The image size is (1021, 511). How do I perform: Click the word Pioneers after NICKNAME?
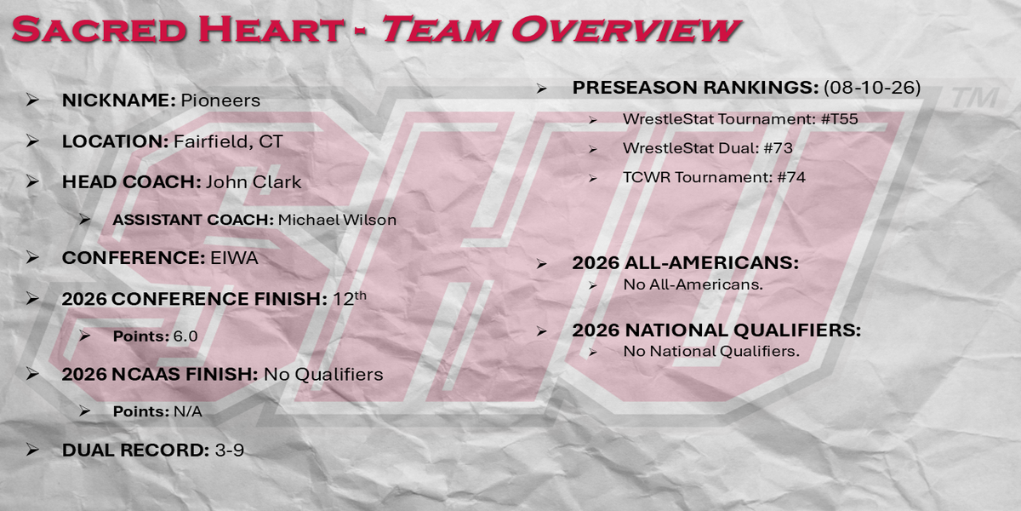tap(220, 100)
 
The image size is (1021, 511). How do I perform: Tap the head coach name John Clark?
tap(254, 182)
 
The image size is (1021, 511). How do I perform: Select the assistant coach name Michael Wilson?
tap(337, 220)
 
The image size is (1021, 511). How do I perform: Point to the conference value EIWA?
tap(234, 258)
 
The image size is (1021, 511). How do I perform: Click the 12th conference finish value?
tap(350, 298)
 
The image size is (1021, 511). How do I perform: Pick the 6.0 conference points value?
tap(185, 336)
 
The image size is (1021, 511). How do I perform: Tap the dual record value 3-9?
tap(229, 451)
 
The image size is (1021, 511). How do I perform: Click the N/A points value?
tap(188, 411)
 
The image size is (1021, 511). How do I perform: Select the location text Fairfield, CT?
tap(228, 142)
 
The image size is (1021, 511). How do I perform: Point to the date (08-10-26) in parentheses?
tap(872, 87)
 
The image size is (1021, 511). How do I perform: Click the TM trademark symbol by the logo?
tap(975, 98)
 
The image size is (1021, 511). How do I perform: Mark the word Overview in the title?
tap(625, 29)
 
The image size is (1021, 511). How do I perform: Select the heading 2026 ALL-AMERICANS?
tap(686, 263)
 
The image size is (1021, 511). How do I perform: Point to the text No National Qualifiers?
tap(711, 351)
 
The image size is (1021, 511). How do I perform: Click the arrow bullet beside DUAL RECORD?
tap(32, 450)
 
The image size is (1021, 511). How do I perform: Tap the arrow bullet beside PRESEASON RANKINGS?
tap(541, 88)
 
